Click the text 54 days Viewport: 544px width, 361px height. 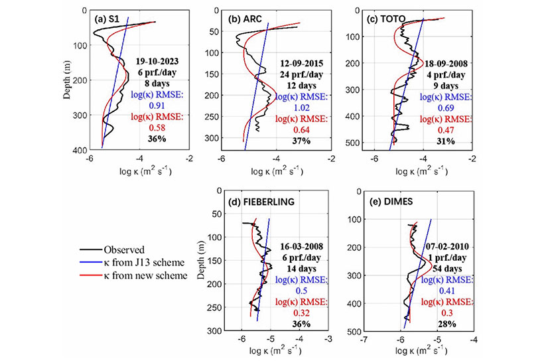tap(446, 267)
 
